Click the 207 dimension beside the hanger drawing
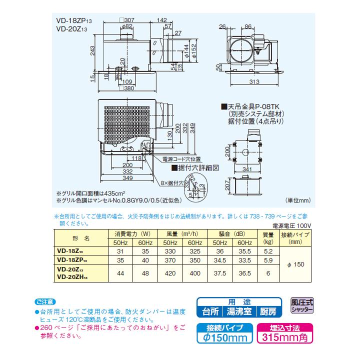point(227,187)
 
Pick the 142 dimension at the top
point(162,19)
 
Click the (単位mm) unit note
point(298,200)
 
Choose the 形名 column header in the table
point(80,238)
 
